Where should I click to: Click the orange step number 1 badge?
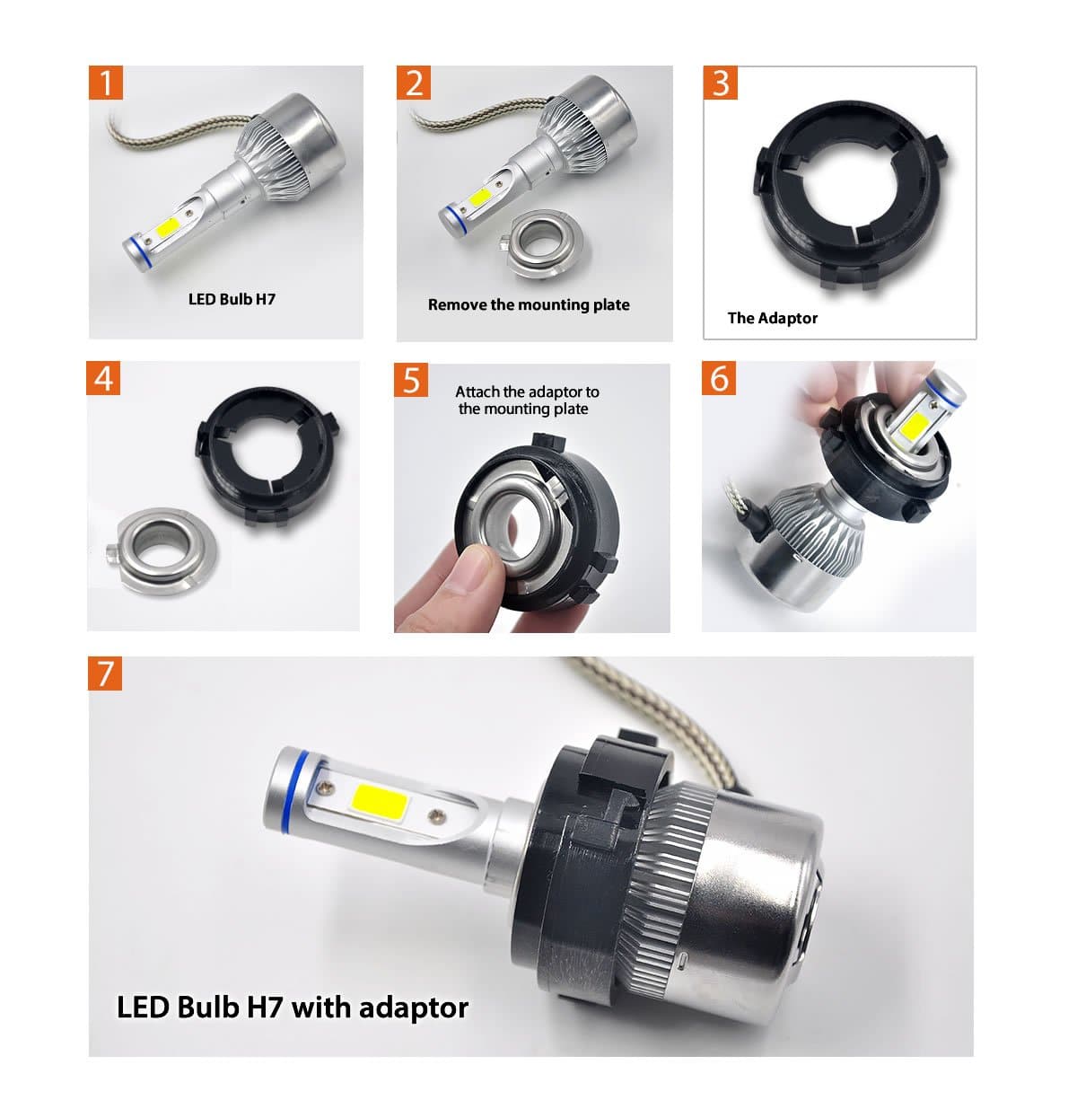(106, 83)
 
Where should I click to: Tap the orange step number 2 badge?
(414, 83)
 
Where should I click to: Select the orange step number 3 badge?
(721, 83)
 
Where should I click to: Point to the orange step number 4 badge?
(104, 378)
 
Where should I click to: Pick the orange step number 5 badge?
(411, 380)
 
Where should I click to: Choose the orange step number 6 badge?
(720, 378)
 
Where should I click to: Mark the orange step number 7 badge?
(105, 673)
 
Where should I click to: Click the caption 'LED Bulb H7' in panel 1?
(232, 299)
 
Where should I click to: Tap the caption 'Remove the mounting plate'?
(529, 304)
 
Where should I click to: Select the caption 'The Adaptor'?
(772, 318)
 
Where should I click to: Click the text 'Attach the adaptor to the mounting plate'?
(526, 400)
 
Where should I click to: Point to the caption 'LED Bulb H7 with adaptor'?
(293, 1007)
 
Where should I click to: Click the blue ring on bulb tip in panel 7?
(293, 779)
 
